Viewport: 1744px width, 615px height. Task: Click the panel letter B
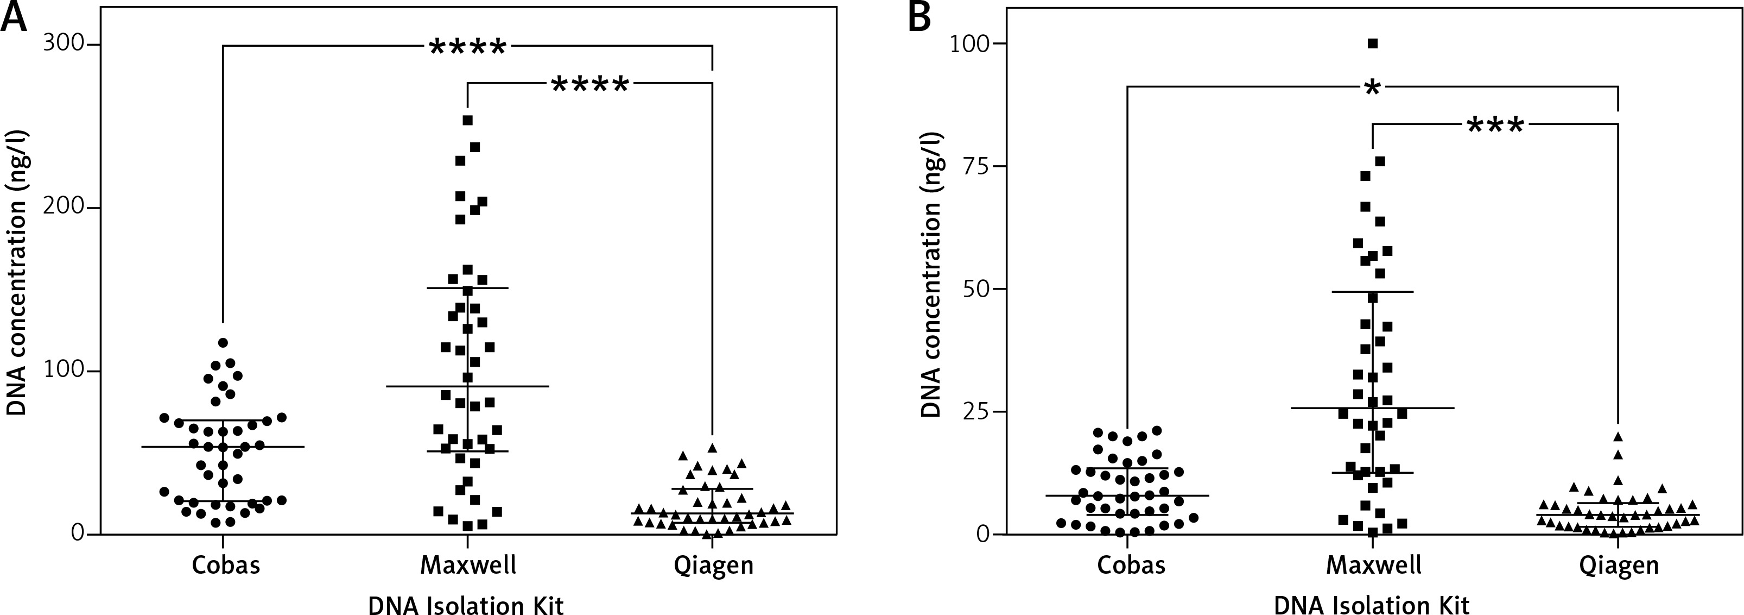(919, 17)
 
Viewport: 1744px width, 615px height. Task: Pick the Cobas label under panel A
(225, 565)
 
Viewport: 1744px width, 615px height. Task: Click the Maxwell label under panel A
(468, 565)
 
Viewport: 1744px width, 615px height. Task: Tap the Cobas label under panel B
(1131, 565)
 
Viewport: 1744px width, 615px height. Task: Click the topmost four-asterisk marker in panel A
(468, 47)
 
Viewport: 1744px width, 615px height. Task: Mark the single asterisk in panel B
(1372, 89)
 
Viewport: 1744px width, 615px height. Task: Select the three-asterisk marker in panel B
(1495, 126)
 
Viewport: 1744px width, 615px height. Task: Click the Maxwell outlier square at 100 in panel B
(1373, 44)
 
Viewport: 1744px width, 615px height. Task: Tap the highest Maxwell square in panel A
(467, 121)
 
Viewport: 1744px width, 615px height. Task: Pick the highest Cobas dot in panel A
(223, 343)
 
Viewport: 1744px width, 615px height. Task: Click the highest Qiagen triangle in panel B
(1618, 437)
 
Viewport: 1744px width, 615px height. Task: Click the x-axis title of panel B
(1372, 605)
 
